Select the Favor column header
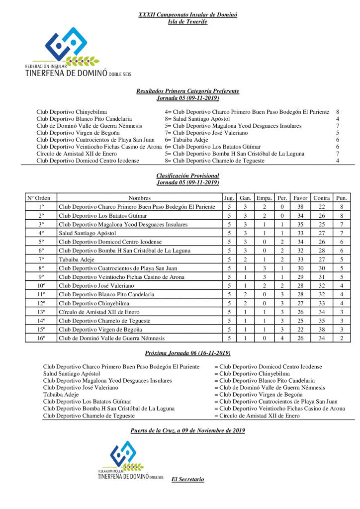click(x=300, y=198)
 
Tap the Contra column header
click(x=322, y=198)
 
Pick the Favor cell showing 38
click(x=300, y=207)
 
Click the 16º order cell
click(x=41, y=338)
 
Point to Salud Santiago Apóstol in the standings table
click(x=87, y=233)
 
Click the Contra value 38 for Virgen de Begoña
click(x=322, y=329)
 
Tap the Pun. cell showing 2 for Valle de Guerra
click(x=341, y=338)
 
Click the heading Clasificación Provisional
click(x=187, y=176)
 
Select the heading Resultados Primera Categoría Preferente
click(x=187, y=91)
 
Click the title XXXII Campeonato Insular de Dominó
click(x=187, y=15)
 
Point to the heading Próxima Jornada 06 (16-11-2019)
click(x=187, y=353)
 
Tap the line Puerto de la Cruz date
click(x=187, y=430)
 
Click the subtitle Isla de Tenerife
click(x=187, y=22)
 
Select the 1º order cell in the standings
click(x=41, y=207)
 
